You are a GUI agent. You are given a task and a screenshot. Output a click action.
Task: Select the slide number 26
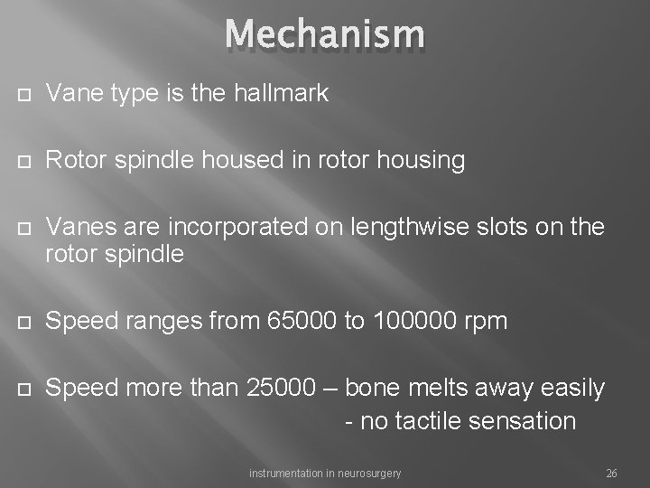pos(611,473)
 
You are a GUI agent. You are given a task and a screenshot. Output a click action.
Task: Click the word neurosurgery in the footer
pos(364,473)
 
